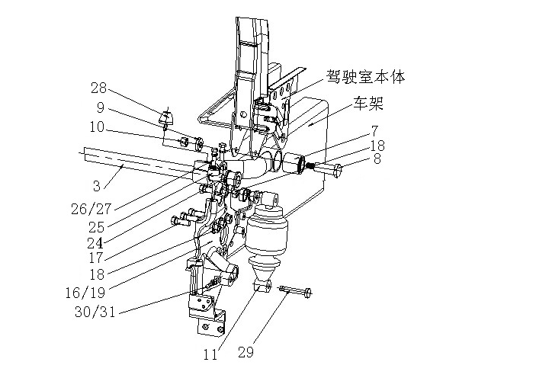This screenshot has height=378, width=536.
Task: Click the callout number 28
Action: (x=98, y=88)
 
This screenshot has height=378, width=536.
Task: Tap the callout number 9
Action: (x=100, y=107)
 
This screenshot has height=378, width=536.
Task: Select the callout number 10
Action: (x=97, y=127)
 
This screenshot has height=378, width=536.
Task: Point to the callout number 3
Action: (x=97, y=186)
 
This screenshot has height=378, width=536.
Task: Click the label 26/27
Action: (x=91, y=209)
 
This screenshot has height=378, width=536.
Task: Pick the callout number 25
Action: (x=97, y=227)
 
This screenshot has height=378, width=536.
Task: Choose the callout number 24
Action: (x=95, y=243)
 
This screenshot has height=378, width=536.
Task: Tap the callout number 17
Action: (x=96, y=258)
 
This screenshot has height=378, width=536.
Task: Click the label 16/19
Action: (x=85, y=293)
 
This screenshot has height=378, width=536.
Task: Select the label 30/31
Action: (x=95, y=312)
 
